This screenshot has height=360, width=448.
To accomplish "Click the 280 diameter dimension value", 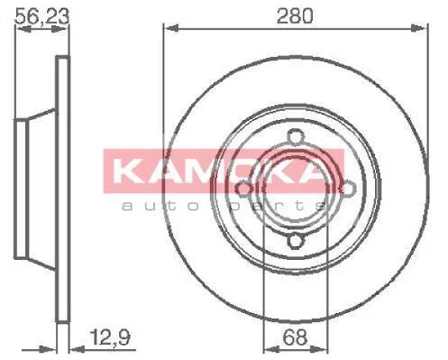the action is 295,16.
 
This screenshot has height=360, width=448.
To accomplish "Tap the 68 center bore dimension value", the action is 296,337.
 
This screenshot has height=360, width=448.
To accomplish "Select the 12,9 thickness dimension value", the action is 110,337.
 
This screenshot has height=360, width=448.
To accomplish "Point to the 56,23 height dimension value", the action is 42,16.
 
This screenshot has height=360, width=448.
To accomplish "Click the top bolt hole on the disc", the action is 296,137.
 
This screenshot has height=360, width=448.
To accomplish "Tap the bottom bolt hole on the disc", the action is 296,241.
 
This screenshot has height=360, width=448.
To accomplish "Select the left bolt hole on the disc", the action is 243,189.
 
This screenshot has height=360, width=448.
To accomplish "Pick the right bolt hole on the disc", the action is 348,189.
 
